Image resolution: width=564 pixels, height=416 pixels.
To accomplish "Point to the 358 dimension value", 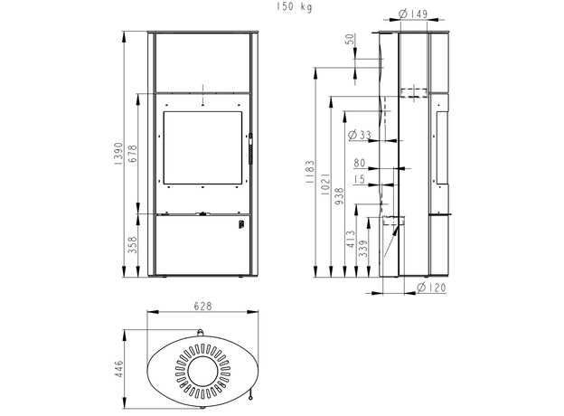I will coord(132,246).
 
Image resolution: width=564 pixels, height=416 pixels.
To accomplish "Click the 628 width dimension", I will coord(203,307).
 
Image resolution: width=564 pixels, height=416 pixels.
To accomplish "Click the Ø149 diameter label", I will coord(413,14).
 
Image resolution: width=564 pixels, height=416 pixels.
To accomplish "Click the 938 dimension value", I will coord(341,195).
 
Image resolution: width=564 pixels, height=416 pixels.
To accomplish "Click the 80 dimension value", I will coord(360,164).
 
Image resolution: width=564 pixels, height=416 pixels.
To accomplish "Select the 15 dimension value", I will coord(361,180).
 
